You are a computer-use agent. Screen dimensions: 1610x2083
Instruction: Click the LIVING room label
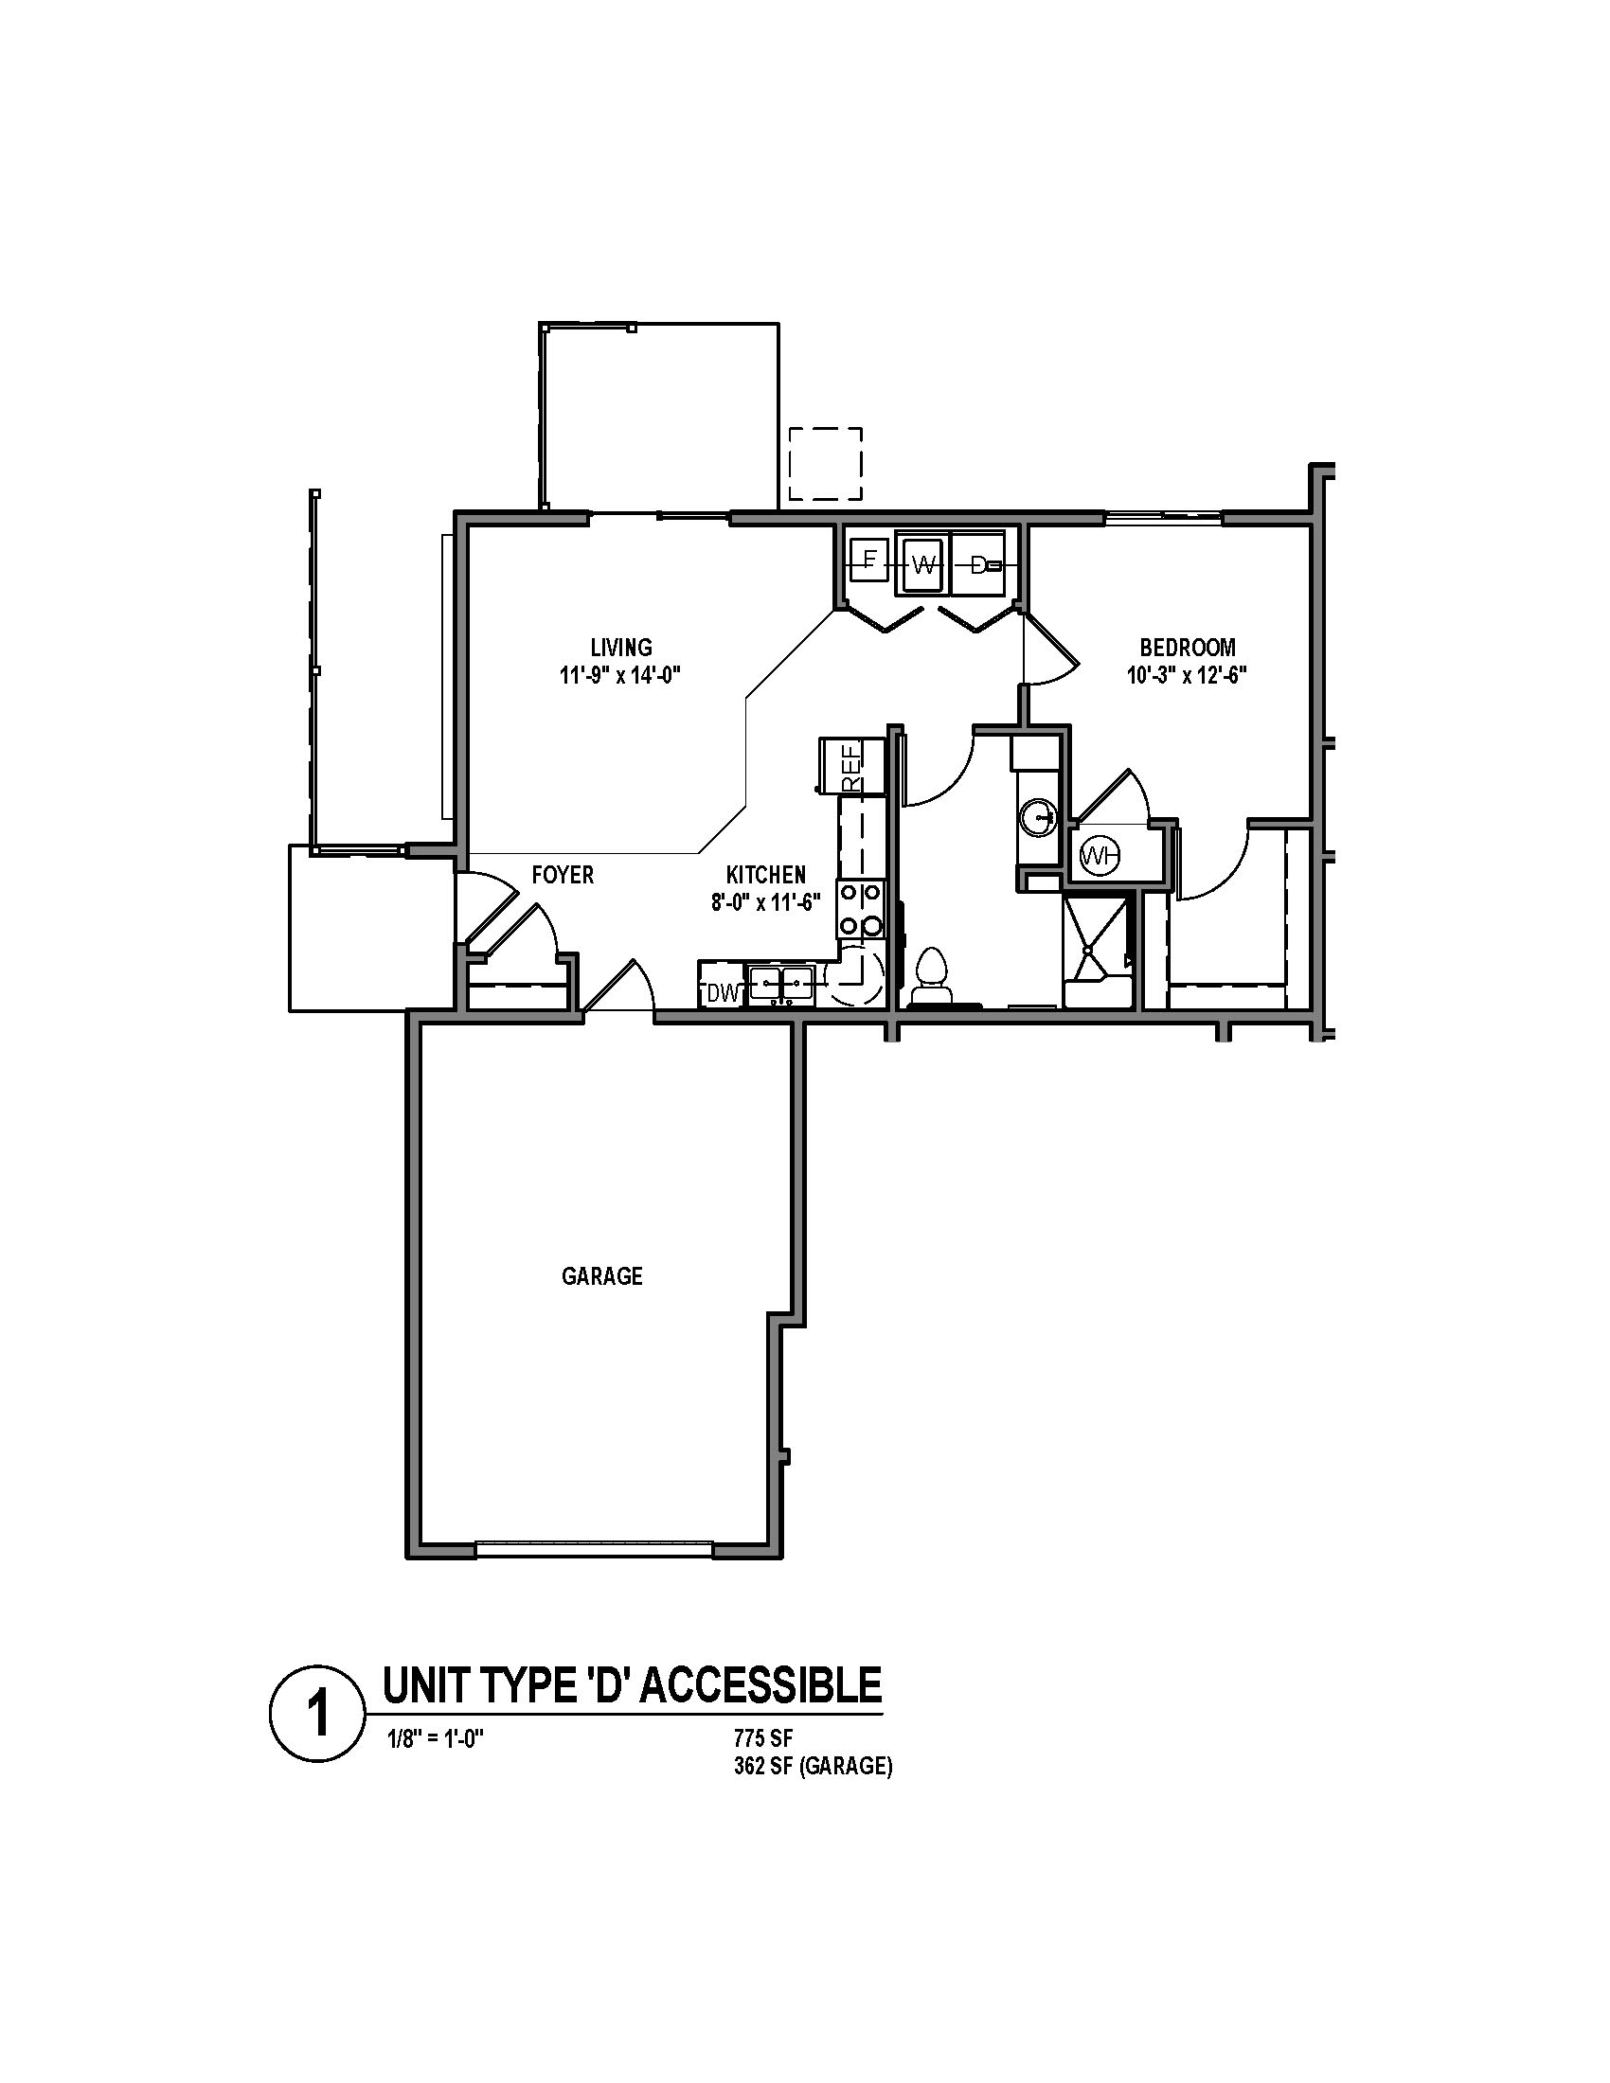[621, 649]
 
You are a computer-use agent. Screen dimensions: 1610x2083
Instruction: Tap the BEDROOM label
[1188, 649]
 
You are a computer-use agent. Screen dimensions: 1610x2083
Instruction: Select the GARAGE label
[601, 1276]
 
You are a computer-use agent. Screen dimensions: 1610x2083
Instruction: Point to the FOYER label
[563, 875]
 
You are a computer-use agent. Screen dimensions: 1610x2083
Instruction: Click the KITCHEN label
[766, 875]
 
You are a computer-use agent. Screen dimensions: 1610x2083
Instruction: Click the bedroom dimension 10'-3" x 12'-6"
[1188, 676]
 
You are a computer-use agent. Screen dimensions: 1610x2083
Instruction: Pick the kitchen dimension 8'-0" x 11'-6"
[766, 902]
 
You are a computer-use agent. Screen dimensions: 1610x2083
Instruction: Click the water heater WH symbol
[1099, 857]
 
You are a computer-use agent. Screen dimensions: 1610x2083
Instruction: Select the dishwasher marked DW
[722, 994]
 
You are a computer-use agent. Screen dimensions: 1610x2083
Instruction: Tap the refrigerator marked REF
[850, 765]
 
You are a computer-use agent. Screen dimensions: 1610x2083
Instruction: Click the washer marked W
[921, 564]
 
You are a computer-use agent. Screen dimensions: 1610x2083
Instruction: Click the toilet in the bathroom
[931, 978]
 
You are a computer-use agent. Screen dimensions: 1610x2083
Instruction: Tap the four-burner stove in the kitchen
[861, 910]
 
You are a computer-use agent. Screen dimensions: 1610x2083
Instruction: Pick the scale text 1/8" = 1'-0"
[434, 1737]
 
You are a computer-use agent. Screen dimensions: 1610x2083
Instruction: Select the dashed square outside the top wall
[826, 465]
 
